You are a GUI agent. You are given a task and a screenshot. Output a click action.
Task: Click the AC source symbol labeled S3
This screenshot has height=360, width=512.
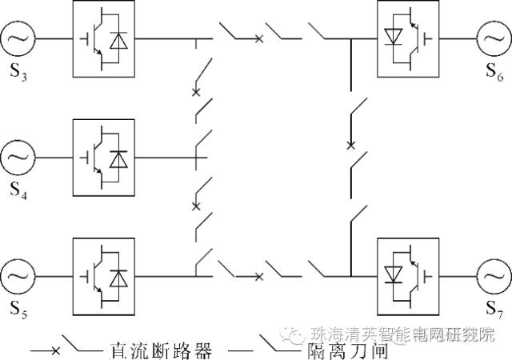pos(17,38)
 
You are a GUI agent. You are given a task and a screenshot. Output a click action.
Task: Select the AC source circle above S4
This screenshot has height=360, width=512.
pos(17,157)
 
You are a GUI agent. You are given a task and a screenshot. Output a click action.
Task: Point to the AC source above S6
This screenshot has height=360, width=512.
pos(493,38)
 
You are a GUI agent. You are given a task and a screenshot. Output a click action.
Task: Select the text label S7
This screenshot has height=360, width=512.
pos(494,310)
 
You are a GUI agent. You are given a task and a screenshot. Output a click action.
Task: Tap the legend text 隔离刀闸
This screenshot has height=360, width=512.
pos(322,349)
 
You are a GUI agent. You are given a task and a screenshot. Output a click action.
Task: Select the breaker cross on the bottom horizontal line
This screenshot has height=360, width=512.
pos(258,277)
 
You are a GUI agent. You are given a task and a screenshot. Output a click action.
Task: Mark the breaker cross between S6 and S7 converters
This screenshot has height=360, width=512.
pos(350,146)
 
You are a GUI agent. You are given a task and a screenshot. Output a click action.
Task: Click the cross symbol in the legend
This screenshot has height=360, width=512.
pos(55,350)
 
